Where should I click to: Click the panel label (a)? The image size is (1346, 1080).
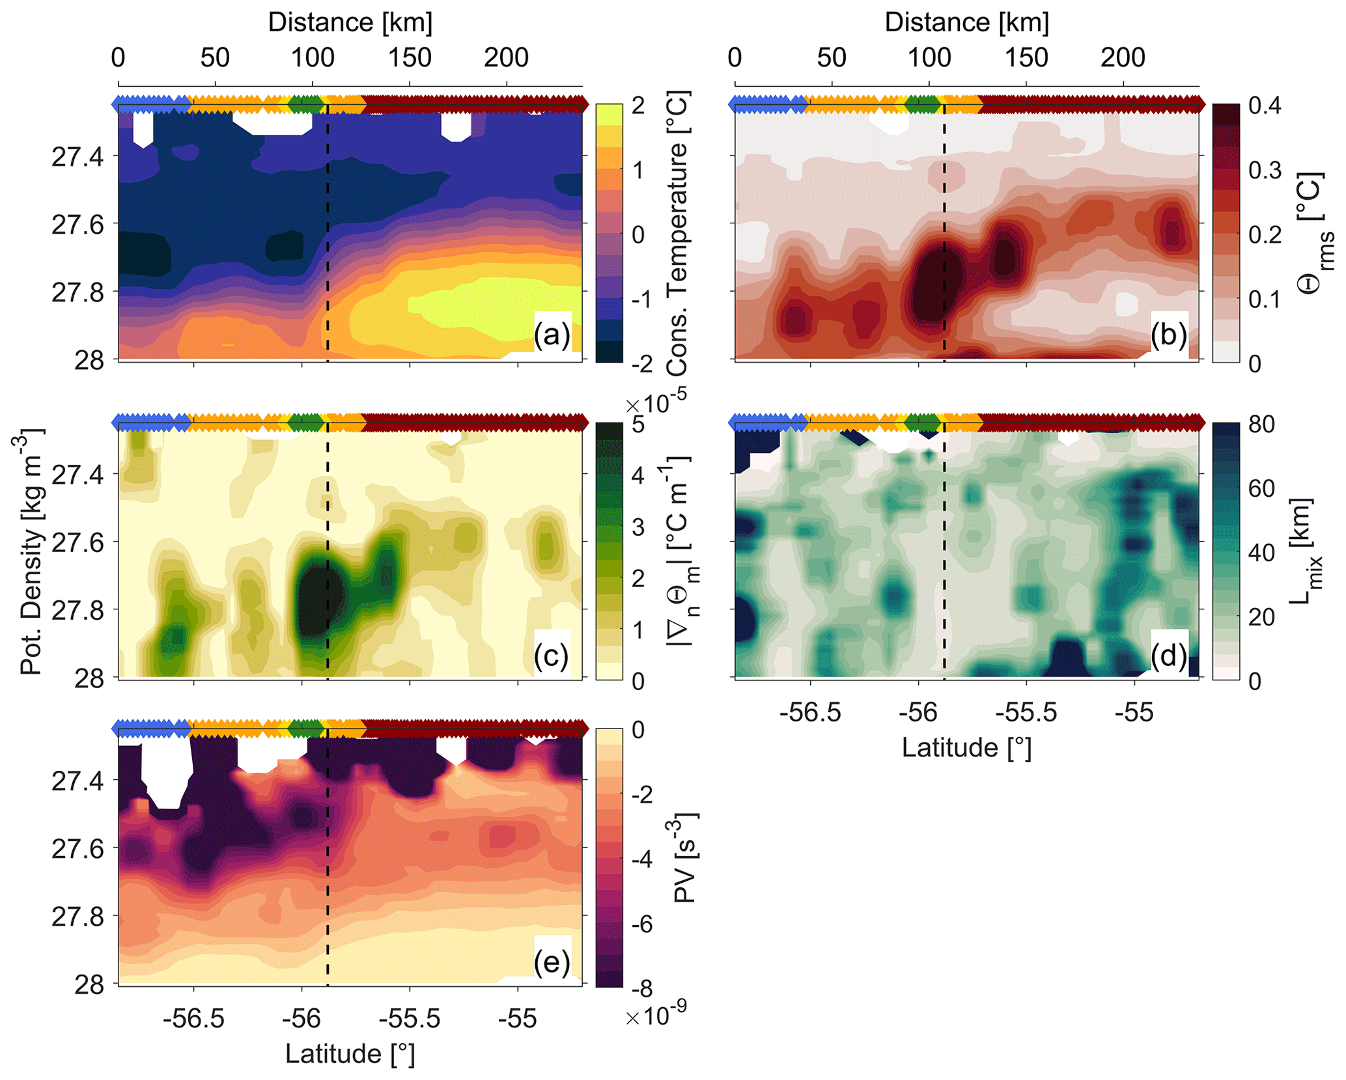click(x=552, y=335)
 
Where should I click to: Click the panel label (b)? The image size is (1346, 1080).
click(x=1168, y=335)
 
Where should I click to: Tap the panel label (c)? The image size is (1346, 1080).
click(x=551, y=655)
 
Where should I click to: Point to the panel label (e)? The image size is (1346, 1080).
click(x=552, y=962)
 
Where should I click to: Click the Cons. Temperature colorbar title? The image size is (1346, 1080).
click(x=678, y=232)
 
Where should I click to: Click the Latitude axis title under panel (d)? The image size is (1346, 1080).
click(x=966, y=747)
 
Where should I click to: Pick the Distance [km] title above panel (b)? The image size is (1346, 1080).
click(x=966, y=23)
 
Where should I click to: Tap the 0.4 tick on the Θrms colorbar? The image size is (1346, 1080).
click(x=1265, y=105)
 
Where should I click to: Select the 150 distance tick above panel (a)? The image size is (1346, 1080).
click(x=410, y=58)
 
